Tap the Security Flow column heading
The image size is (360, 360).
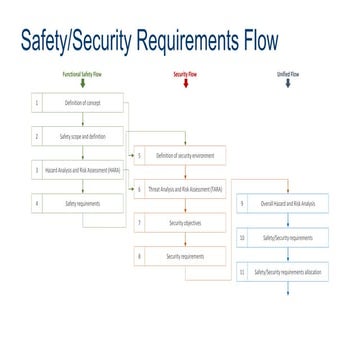coord(185,74)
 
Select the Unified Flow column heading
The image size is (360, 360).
coord(288,74)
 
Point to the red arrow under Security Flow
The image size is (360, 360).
coord(185,85)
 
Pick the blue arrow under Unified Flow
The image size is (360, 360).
coord(288,85)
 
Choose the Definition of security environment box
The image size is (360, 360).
coord(191,155)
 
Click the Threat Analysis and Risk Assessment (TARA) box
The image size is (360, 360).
coord(191,188)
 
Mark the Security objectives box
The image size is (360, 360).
coord(191,222)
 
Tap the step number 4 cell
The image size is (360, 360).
coord(37,204)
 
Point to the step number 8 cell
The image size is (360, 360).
coord(140,256)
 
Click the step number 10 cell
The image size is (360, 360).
coord(243,238)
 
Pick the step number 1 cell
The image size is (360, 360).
coord(37,103)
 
